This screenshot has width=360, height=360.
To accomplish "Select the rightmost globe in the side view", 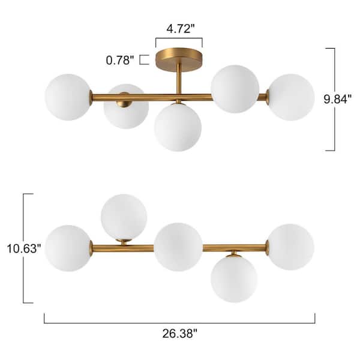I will click(x=291, y=97).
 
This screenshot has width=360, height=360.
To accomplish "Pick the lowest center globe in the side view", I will click(x=177, y=127).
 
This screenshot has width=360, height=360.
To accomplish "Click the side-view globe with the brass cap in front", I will click(x=126, y=106).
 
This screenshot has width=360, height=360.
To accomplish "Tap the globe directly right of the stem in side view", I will click(x=235, y=89).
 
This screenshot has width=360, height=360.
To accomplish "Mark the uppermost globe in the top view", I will click(x=124, y=217).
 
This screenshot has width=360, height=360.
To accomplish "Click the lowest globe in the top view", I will click(x=234, y=278).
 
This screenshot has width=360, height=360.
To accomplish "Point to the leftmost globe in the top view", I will click(x=68, y=248).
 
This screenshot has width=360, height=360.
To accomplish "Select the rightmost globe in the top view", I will click(x=290, y=247).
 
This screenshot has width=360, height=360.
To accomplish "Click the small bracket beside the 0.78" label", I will click(x=145, y=59).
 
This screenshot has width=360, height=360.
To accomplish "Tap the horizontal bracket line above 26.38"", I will click(x=179, y=323).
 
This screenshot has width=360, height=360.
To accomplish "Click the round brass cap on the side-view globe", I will click(x=125, y=98).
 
